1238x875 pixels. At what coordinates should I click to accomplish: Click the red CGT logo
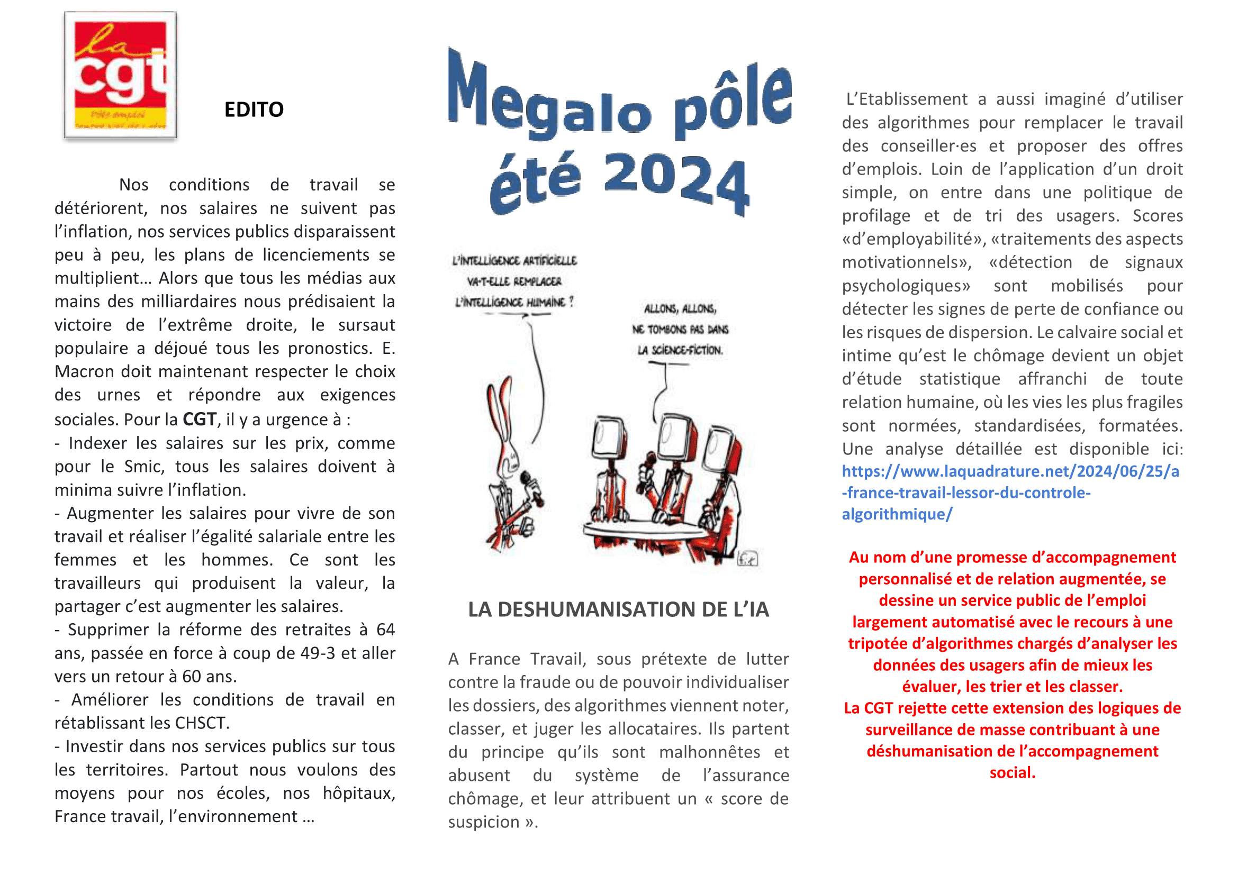(120, 75)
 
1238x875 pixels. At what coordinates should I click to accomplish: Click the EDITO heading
(254, 110)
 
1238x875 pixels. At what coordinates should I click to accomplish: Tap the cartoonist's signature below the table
(747, 559)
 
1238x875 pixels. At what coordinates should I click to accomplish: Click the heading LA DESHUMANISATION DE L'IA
(618, 609)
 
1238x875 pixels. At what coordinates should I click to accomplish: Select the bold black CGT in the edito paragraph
(200, 419)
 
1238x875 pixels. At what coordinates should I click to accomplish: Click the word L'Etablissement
(906, 99)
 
